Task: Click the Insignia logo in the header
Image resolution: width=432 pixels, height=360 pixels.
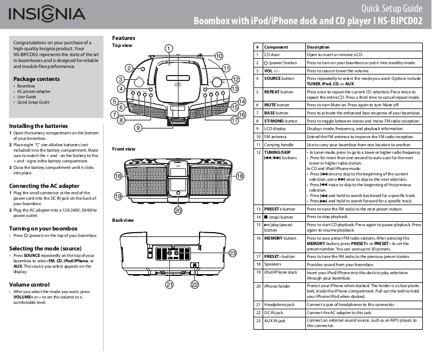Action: pyautogui.click(x=46, y=14)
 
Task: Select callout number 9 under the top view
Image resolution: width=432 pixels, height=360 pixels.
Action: pyautogui.click(x=139, y=128)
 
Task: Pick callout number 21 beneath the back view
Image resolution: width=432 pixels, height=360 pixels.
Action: pyautogui.click(x=169, y=284)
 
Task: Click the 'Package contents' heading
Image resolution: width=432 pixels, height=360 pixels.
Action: pyautogui.click(x=37, y=79)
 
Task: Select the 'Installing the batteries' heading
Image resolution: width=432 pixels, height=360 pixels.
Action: pyautogui.click(x=38, y=126)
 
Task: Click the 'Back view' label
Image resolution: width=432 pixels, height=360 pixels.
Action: pyautogui.click(x=122, y=221)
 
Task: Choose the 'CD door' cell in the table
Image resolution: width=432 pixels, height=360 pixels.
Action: pyautogui.click(x=272, y=55)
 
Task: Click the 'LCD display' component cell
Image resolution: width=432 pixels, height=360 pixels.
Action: pyautogui.click(x=275, y=129)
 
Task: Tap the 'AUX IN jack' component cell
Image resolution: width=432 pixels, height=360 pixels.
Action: pyautogui.click(x=275, y=321)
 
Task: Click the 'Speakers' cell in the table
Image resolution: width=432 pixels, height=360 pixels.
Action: pyautogui.click(x=273, y=264)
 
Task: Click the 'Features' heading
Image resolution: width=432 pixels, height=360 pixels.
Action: pyautogui.click(x=124, y=38)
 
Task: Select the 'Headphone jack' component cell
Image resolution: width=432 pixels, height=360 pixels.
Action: pyautogui.click(x=279, y=304)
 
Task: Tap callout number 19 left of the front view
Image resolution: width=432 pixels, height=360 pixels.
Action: pyautogui.click(x=118, y=196)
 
